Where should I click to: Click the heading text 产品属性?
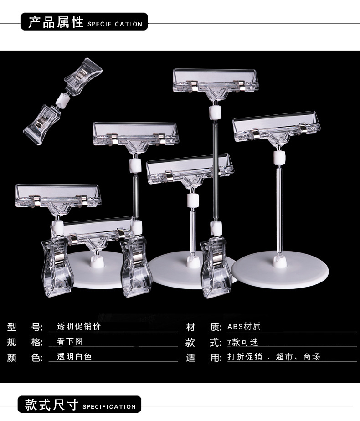click(56, 22)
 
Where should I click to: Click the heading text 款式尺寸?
click(51, 405)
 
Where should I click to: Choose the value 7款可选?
click(242, 342)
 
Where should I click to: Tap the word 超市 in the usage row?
click(283, 356)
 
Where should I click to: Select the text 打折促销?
click(245, 356)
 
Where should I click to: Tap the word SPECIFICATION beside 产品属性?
click(114, 24)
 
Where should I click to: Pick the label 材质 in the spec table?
click(203, 327)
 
